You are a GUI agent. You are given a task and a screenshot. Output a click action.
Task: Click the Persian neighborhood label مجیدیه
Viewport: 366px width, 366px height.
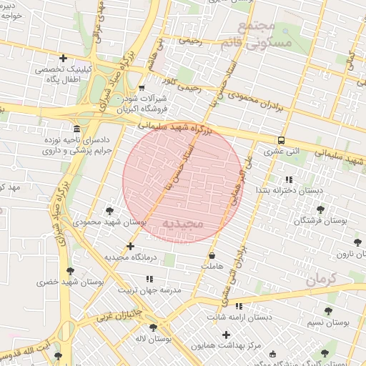point(184,224)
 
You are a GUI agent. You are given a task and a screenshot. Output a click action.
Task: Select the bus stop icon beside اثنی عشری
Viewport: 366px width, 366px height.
point(282,141)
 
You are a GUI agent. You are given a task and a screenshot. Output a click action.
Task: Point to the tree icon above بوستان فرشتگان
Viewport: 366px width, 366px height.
point(320,209)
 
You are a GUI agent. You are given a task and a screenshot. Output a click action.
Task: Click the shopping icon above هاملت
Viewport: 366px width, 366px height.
point(212,255)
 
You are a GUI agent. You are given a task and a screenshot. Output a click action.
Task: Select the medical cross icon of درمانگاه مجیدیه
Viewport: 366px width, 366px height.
point(129,246)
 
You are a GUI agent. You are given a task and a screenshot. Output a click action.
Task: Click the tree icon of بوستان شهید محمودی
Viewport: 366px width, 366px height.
point(109,211)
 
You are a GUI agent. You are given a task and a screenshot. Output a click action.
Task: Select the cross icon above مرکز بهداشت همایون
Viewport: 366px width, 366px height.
point(227,335)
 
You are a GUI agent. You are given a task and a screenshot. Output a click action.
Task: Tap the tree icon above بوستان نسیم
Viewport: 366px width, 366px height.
point(328,311)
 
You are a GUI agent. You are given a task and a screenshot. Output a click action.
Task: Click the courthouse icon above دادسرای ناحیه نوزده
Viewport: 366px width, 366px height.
point(76,128)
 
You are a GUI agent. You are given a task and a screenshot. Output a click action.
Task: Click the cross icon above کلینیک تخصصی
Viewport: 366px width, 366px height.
point(64,58)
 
